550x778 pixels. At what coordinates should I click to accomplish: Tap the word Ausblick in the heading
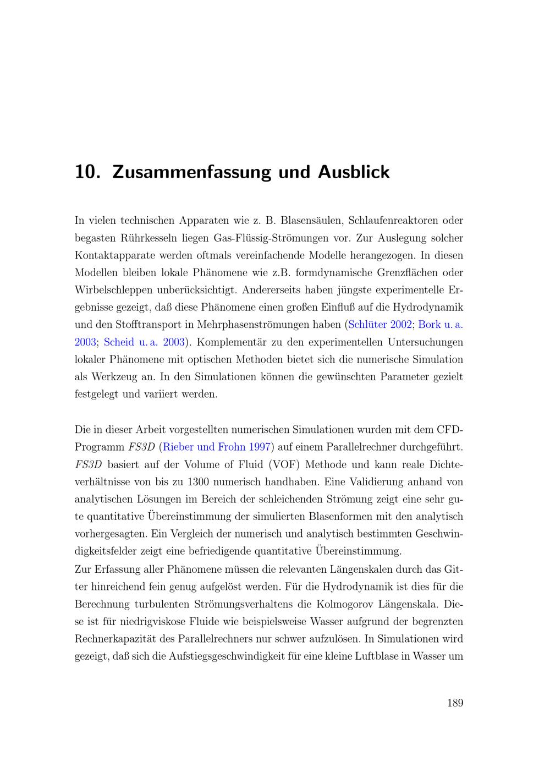[x=354, y=172]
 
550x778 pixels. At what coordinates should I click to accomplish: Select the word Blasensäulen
[x=312, y=221]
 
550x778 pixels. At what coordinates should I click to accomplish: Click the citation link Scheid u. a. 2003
[x=144, y=342]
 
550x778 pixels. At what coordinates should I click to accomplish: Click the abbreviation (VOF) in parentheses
[x=283, y=464]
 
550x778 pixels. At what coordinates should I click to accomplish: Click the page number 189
[x=455, y=703]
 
